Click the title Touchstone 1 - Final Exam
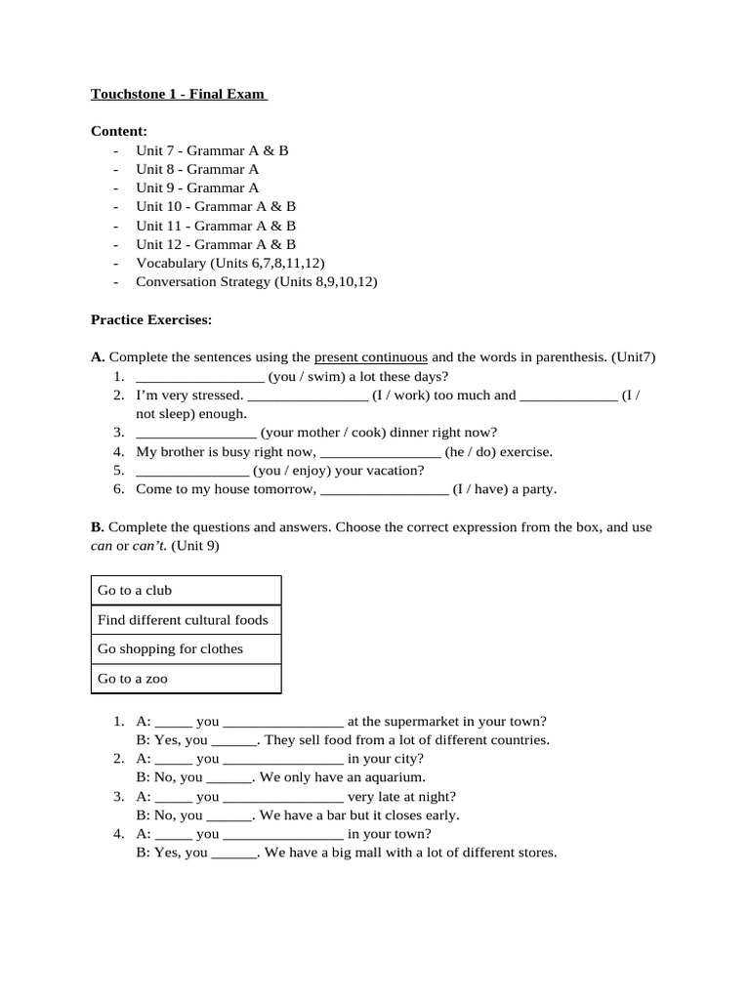point(179,95)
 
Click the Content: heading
point(119,132)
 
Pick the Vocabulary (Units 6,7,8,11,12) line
point(229,263)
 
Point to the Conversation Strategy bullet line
point(256,281)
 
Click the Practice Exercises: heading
point(150,319)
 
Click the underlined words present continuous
point(370,357)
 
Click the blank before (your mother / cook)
point(196,433)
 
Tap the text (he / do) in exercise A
point(470,451)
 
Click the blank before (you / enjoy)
point(192,471)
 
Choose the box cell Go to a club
point(187,591)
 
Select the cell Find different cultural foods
point(187,620)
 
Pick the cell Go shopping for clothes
point(187,649)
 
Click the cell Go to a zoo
point(187,679)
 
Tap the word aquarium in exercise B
point(395,777)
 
